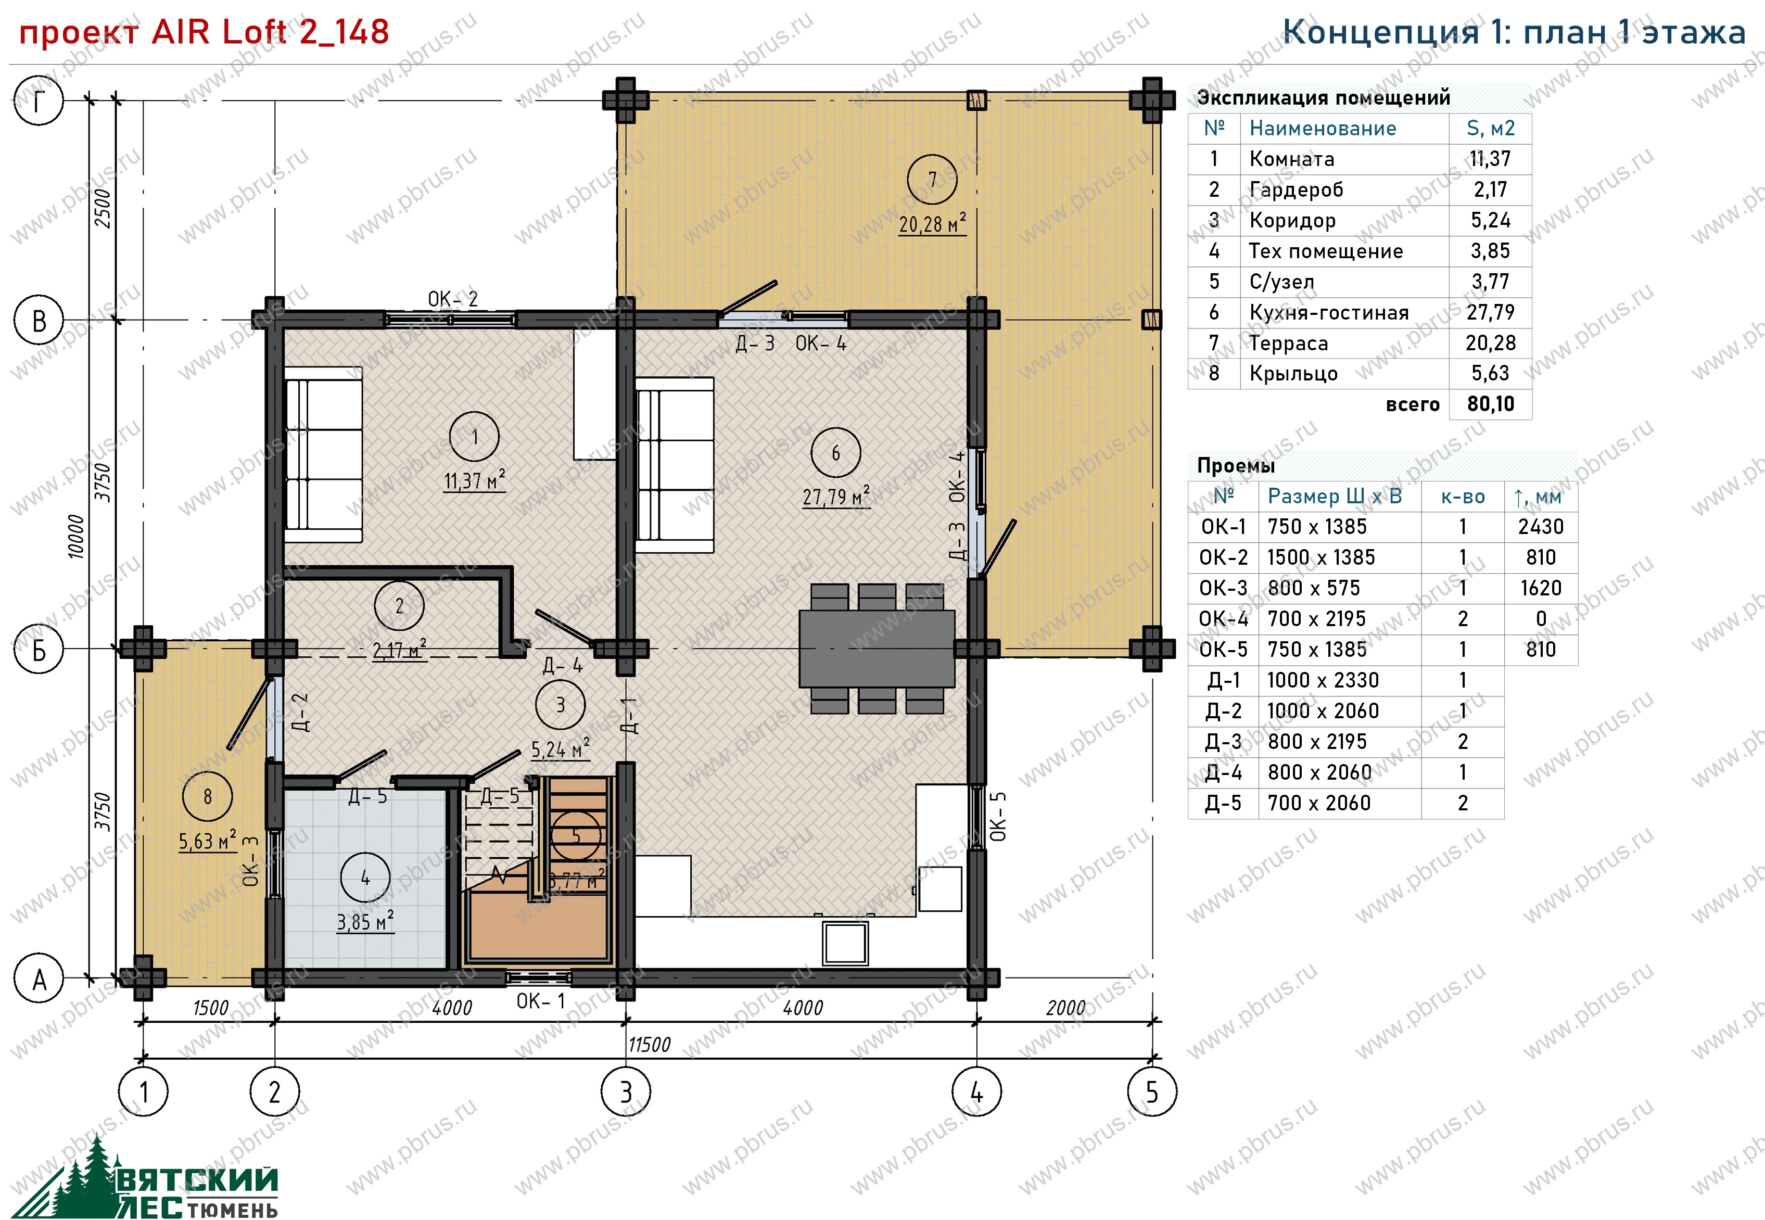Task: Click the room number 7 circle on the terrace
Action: (932, 180)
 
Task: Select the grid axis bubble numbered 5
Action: (1152, 1092)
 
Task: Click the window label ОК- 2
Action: (452, 299)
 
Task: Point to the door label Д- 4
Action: (563, 666)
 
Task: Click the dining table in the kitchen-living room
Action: (877, 648)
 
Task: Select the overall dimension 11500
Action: (649, 1044)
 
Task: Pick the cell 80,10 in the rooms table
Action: (1490, 403)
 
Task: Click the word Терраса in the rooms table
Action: (1289, 343)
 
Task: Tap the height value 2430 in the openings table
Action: (1540, 527)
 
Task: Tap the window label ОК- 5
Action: (998, 817)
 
